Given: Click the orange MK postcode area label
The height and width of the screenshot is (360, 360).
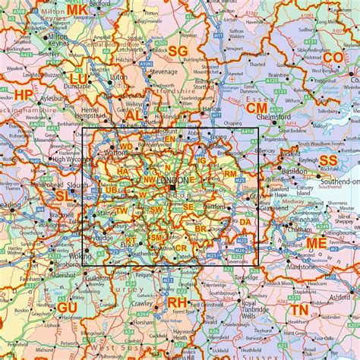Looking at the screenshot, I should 77,10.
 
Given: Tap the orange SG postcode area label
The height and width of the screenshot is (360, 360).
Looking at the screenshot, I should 177,51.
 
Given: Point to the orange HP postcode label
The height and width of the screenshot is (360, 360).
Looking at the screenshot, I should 24,95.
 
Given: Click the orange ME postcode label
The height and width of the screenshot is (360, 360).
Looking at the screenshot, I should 317,244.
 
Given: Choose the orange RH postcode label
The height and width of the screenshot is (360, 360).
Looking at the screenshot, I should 176,303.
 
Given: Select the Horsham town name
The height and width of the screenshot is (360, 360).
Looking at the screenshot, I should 136,322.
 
